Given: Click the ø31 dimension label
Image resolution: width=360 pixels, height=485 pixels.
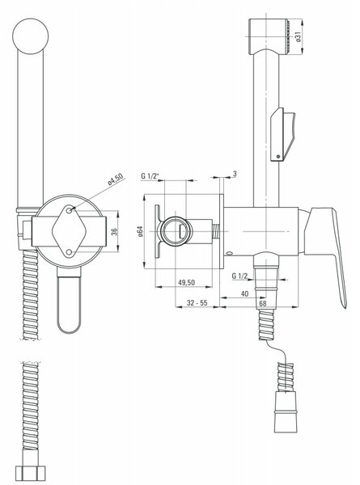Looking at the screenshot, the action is (x=298, y=37).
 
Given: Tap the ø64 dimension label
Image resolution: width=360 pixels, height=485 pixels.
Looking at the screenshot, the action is (x=140, y=231).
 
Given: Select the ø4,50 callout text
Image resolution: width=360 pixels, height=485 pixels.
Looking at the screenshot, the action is (x=116, y=179).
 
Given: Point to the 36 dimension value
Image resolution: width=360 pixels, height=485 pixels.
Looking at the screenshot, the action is (x=114, y=231).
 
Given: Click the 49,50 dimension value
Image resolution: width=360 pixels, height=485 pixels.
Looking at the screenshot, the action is (x=187, y=282).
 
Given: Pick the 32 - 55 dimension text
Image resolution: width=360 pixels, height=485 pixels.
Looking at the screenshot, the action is (x=197, y=303).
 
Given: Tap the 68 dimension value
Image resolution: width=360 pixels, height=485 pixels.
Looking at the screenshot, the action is (x=262, y=303).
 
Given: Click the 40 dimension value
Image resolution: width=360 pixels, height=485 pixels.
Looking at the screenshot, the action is (x=244, y=293).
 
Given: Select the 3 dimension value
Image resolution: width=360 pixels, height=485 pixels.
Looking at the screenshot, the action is (x=235, y=174).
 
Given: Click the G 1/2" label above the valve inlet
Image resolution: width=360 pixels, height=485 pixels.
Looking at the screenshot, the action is (x=150, y=176).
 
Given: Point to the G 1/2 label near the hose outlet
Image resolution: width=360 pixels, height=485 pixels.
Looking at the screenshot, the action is (x=239, y=276).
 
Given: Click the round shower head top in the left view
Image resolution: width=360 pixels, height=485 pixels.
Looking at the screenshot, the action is (x=30, y=36).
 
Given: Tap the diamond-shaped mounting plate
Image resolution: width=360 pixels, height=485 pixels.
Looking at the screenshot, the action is (x=69, y=231).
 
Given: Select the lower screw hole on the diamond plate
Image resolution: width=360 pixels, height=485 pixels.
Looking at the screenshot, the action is (x=69, y=252).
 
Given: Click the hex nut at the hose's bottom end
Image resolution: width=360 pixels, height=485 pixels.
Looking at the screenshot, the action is (x=30, y=474).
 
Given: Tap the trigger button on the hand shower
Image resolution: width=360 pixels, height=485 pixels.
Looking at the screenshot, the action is (x=282, y=134).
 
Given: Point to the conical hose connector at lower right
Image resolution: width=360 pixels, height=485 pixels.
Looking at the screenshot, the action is (x=286, y=412).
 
